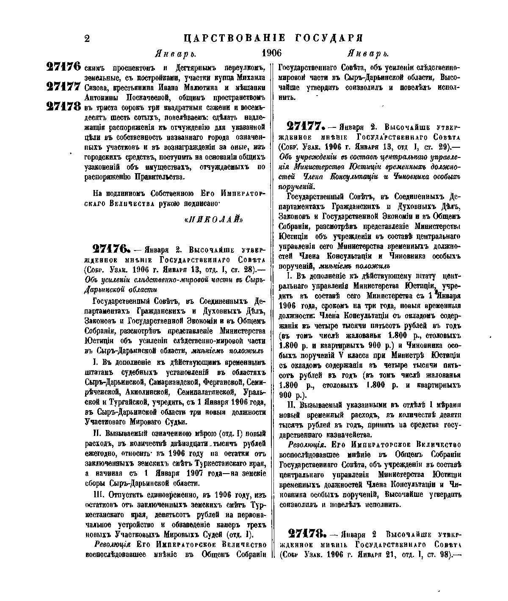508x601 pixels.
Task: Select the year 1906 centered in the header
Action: (271, 53)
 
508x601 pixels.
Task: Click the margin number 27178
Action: (63, 106)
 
